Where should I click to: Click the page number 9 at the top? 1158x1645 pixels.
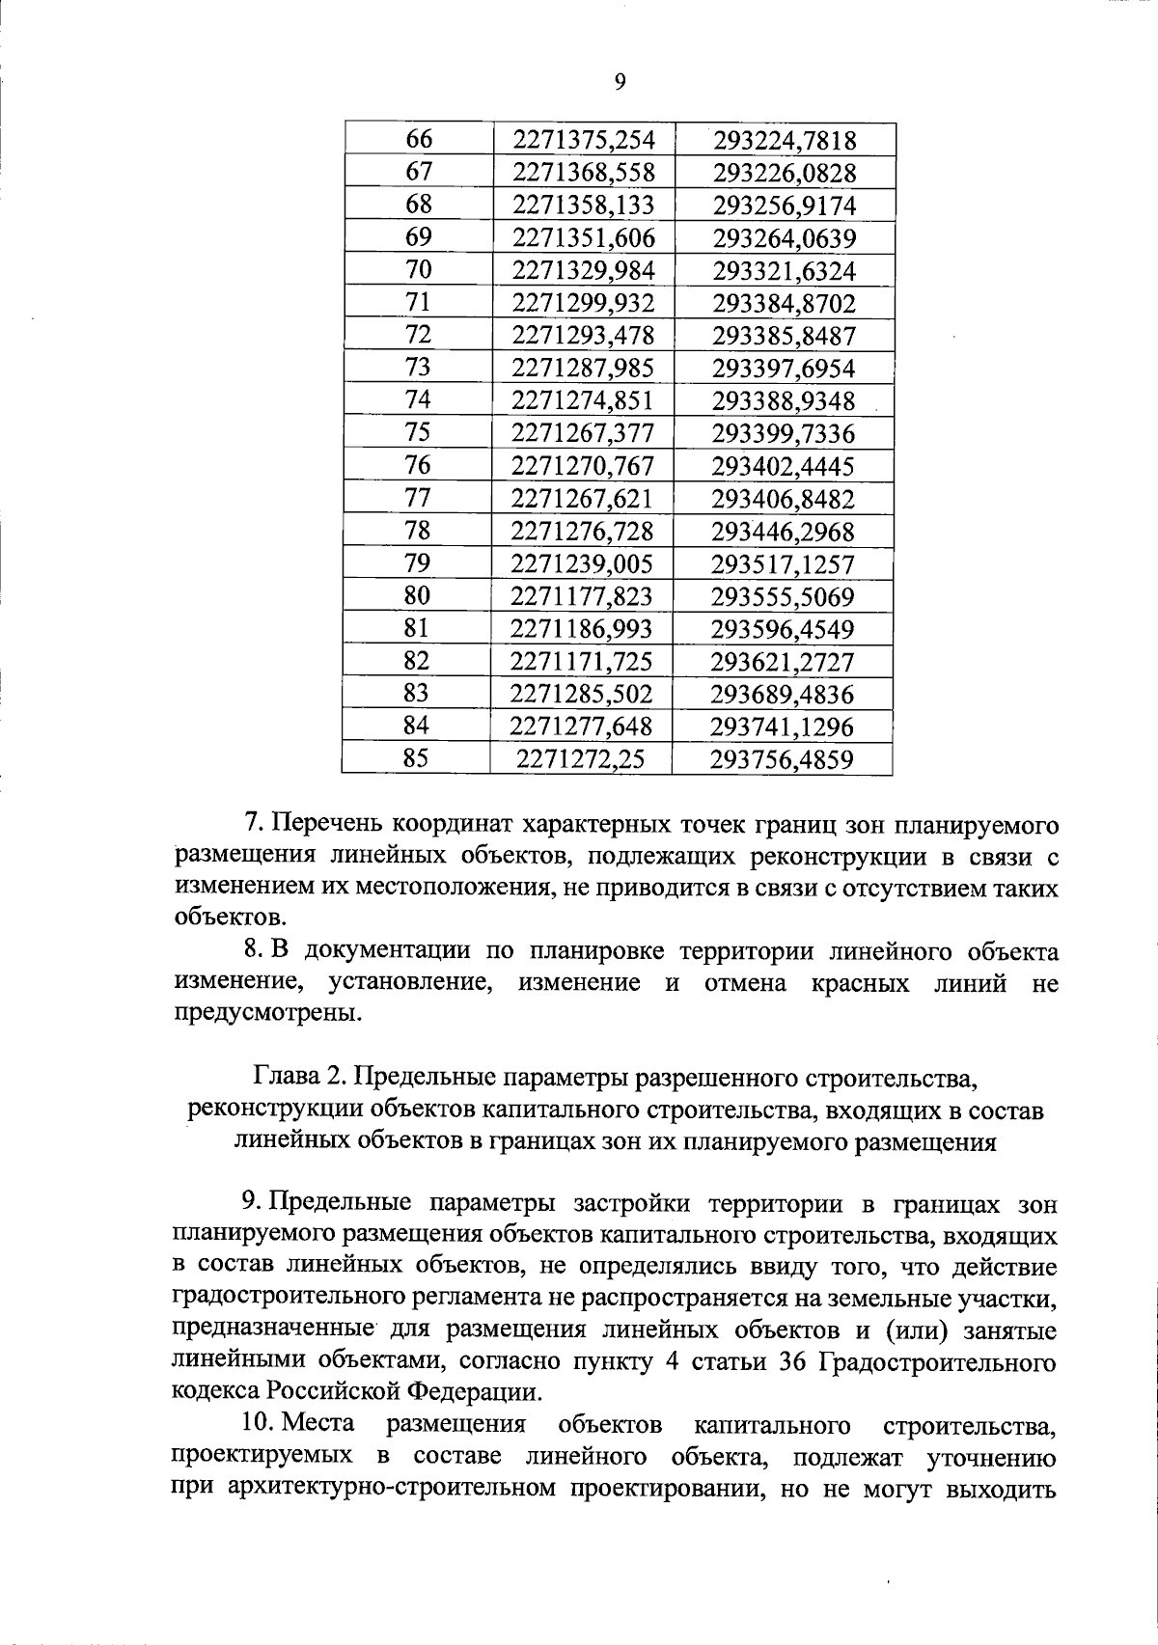[620, 83]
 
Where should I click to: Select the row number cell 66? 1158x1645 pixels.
[419, 140]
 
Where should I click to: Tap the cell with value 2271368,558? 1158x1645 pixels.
[584, 173]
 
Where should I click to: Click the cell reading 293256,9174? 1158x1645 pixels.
[785, 206]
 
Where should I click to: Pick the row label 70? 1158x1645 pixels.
[419, 270]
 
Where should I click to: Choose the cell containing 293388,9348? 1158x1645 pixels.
[784, 400]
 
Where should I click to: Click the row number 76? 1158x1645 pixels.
[418, 465]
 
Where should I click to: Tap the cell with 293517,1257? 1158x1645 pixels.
[783, 563]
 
